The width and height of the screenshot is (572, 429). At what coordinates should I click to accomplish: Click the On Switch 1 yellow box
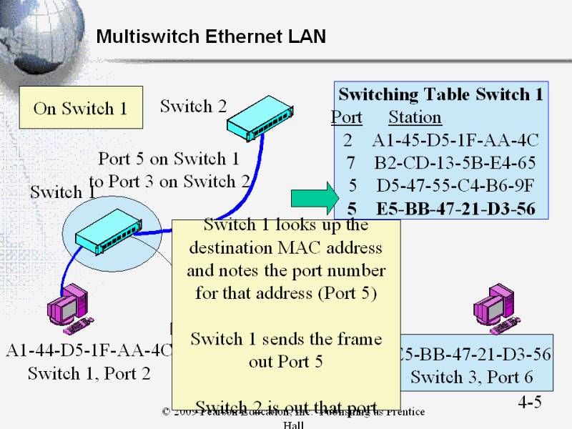point(80,109)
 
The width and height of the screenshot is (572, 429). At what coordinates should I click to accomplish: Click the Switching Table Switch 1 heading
point(440,94)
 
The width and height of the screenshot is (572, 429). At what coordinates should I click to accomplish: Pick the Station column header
point(415,117)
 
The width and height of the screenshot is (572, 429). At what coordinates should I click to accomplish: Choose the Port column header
point(347,117)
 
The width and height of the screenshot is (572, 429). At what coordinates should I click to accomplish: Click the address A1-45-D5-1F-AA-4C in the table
point(455,139)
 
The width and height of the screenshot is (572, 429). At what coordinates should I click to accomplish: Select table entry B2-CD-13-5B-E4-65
point(455,162)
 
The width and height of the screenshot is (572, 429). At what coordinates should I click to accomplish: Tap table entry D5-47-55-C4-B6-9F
point(455,186)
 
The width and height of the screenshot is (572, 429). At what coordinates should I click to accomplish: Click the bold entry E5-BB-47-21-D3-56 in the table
point(455,209)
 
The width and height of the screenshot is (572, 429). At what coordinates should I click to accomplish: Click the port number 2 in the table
point(348,139)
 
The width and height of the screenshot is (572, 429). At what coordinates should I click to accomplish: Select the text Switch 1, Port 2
point(89,373)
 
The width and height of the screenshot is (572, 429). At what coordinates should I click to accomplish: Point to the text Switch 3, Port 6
point(472,376)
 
